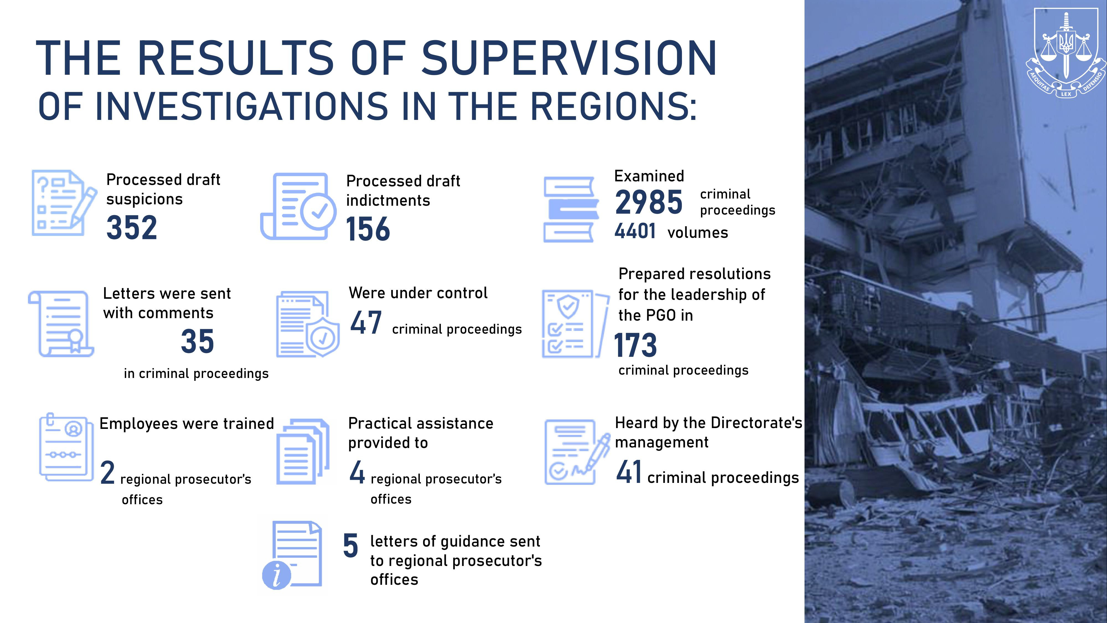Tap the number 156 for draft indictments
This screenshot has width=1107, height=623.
(x=368, y=229)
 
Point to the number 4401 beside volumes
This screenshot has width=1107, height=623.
(x=635, y=231)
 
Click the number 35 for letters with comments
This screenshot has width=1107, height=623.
(x=197, y=341)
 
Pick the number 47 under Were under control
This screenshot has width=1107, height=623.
(x=366, y=323)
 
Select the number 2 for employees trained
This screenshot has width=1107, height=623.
(x=107, y=473)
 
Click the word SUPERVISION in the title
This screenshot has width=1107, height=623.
(x=569, y=58)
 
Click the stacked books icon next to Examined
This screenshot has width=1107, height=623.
(x=571, y=209)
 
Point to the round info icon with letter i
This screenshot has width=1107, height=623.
(x=276, y=575)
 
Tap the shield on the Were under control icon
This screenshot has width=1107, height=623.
(x=323, y=338)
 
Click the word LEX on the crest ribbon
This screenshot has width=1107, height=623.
(x=1066, y=94)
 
